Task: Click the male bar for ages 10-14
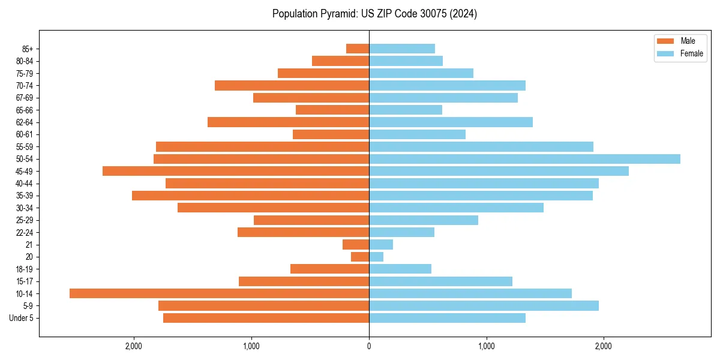click(x=219, y=293)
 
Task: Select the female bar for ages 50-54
click(x=524, y=159)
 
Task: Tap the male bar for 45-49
click(x=236, y=171)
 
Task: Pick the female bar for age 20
click(x=376, y=257)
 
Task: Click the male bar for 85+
click(x=358, y=49)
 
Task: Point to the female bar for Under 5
click(x=447, y=318)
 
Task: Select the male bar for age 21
click(x=356, y=245)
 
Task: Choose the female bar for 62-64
click(x=451, y=122)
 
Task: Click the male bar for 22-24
click(x=303, y=232)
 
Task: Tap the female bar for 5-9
click(x=484, y=306)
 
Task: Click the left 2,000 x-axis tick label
click(x=134, y=347)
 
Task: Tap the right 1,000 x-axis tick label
click(x=487, y=347)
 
